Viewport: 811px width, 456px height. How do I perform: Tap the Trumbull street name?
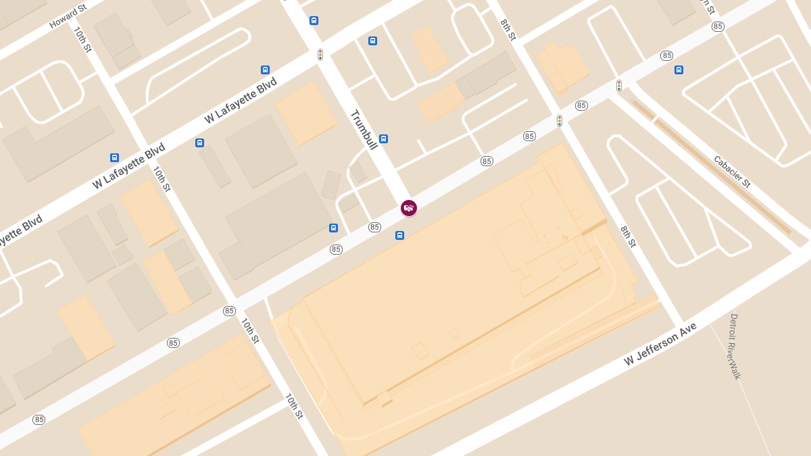pyautogui.click(x=363, y=129)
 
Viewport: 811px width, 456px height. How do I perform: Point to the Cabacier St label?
pyautogui.click(x=732, y=171)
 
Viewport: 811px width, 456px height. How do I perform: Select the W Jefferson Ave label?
pyautogui.click(x=660, y=345)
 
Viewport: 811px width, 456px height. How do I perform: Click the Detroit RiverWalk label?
pyautogui.click(x=734, y=346)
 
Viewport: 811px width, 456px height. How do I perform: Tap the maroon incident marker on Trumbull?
pyautogui.click(x=409, y=208)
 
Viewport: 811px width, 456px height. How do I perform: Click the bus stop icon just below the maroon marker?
pyautogui.click(x=399, y=236)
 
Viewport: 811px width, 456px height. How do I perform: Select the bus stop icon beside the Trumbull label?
pyautogui.click(x=383, y=139)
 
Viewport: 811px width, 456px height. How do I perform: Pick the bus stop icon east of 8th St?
pyautogui.click(x=679, y=70)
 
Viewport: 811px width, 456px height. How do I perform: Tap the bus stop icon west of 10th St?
pyautogui.click(x=114, y=158)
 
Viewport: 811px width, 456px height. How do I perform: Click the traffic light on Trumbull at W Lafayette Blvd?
pyautogui.click(x=320, y=55)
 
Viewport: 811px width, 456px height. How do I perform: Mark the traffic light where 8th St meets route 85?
pyautogui.click(x=560, y=121)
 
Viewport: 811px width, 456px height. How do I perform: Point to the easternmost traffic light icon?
pyautogui.click(x=618, y=86)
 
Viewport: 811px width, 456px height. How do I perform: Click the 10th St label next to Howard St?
pyautogui.click(x=82, y=40)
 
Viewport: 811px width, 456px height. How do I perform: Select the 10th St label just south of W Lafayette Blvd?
pyautogui.click(x=162, y=179)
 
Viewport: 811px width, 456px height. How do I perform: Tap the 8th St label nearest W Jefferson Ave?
pyautogui.click(x=628, y=236)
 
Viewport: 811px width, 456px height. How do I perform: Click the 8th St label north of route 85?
pyautogui.click(x=508, y=30)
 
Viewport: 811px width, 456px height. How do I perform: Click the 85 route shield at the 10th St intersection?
pyautogui.click(x=229, y=311)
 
